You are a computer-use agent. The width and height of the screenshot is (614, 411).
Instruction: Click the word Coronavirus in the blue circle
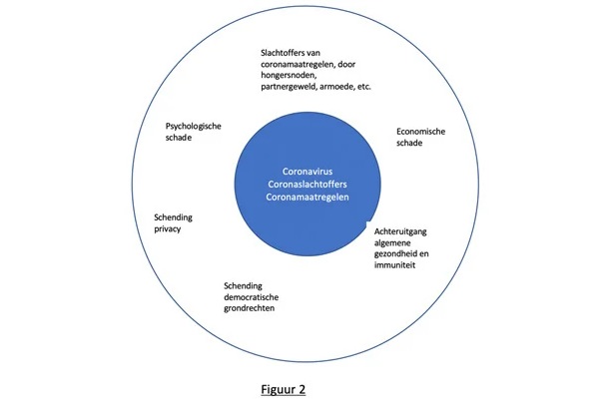click(x=307, y=172)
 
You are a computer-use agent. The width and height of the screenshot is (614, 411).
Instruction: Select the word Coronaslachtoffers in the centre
click(x=307, y=184)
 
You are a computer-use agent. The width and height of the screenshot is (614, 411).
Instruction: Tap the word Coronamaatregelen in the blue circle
click(x=307, y=197)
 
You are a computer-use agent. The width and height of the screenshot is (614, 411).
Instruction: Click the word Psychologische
click(x=193, y=127)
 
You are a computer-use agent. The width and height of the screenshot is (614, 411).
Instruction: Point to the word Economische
click(x=420, y=132)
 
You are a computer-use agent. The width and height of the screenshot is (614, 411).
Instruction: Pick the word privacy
click(x=167, y=229)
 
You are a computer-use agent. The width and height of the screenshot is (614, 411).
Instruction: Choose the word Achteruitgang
click(x=400, y=231)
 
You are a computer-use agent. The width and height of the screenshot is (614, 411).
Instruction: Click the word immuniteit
click(x=394, y=265)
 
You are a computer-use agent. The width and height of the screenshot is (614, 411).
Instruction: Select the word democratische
click(x=251, y=297)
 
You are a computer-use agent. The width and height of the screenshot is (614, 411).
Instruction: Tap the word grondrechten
click(x=249, y=308)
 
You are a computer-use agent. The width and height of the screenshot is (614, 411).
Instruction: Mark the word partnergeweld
click(x=289, y=87)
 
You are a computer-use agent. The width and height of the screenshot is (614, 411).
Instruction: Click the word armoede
click(x=336, y=87)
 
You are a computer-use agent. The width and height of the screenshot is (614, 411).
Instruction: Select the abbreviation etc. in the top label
click(x=363, y=87)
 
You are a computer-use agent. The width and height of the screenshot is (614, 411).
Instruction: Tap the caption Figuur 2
click(x=284, y=389)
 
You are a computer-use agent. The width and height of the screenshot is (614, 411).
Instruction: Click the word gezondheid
click(x=394, y=254)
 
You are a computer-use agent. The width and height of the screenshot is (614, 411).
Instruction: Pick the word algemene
click(x=392, y=243)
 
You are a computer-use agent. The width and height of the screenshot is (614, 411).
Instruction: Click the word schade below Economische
click(x=409, y=143)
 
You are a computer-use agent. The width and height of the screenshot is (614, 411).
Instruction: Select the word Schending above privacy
click(x=173, y=217)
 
